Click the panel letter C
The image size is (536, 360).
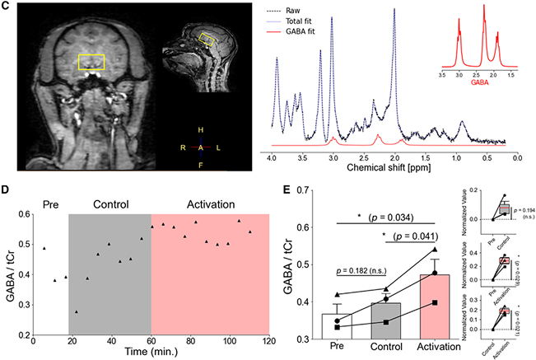tap(7, 7)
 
